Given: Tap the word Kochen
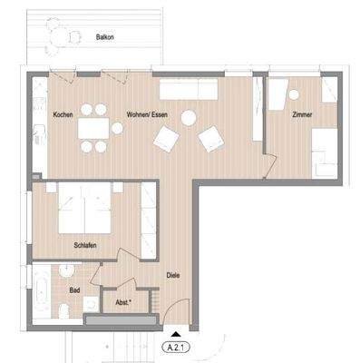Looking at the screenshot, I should click(x=63, y=115).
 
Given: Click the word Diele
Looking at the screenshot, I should click(x=174, y=274).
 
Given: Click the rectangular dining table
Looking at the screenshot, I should click(x=92, y=128).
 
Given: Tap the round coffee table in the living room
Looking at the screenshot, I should click(x=189, y=117).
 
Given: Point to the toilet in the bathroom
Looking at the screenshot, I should click(x=63, y=310).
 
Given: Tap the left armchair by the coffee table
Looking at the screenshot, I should click(x=167, y=139).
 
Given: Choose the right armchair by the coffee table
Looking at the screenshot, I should click(x=212, y=139).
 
